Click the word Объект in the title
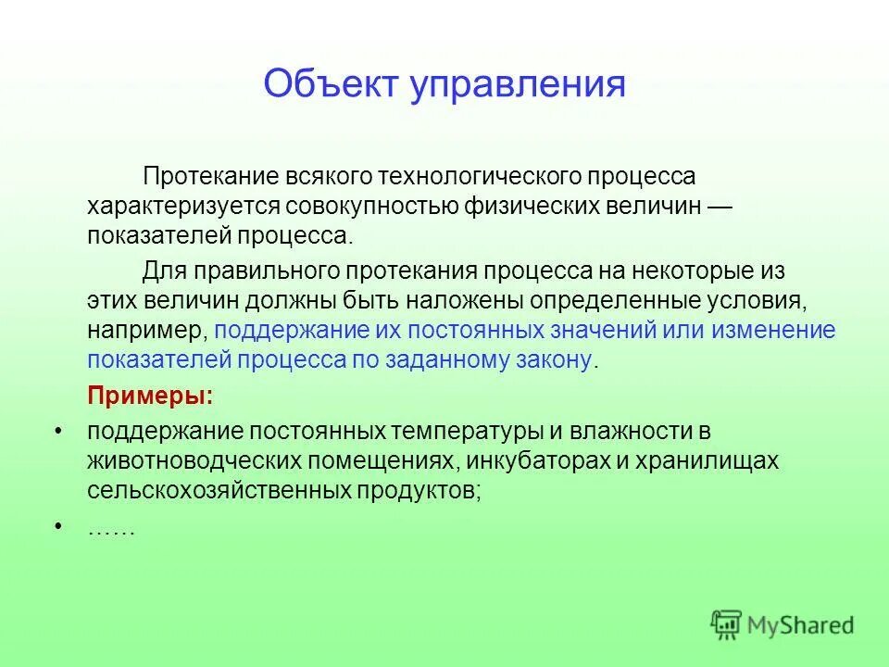pos(326,84)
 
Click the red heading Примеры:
pos(150,396)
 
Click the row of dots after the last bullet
pos(111,529)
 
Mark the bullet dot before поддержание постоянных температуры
pos(59,432)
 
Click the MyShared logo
pos(783,624)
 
